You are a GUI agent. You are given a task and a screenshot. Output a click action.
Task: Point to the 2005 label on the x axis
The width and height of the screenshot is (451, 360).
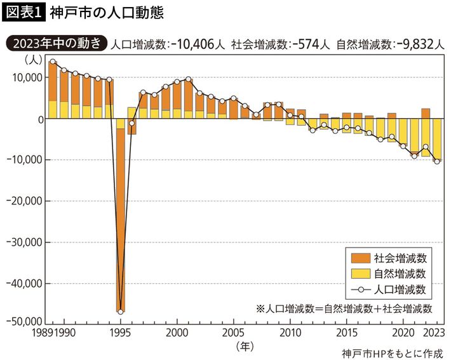point(232,333)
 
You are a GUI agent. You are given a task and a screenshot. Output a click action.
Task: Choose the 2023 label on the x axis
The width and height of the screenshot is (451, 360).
point(434,333)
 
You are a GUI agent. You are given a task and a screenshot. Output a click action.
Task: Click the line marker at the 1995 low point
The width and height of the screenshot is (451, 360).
point(121,311)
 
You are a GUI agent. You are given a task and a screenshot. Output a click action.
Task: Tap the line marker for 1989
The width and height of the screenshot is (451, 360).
point(53,62)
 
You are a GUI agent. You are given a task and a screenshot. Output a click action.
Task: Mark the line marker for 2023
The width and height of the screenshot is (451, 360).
point(437,161)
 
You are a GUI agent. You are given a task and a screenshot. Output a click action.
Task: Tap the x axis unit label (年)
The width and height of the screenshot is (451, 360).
point(243,346)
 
